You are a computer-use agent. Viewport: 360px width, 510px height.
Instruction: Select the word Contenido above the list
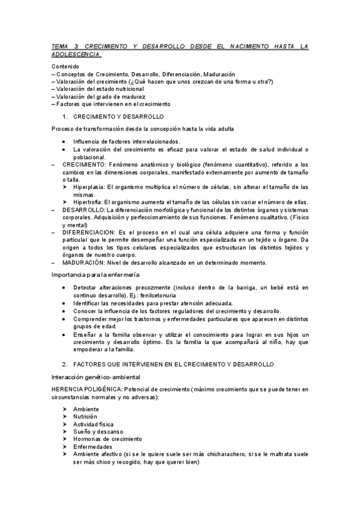[x=66, y=66]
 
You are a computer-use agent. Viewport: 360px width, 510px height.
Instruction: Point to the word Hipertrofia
[x=88, y=201]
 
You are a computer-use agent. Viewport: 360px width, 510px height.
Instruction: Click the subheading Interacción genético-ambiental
[x=96, y=376]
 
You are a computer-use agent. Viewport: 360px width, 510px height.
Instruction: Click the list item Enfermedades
[x=93, y=447]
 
